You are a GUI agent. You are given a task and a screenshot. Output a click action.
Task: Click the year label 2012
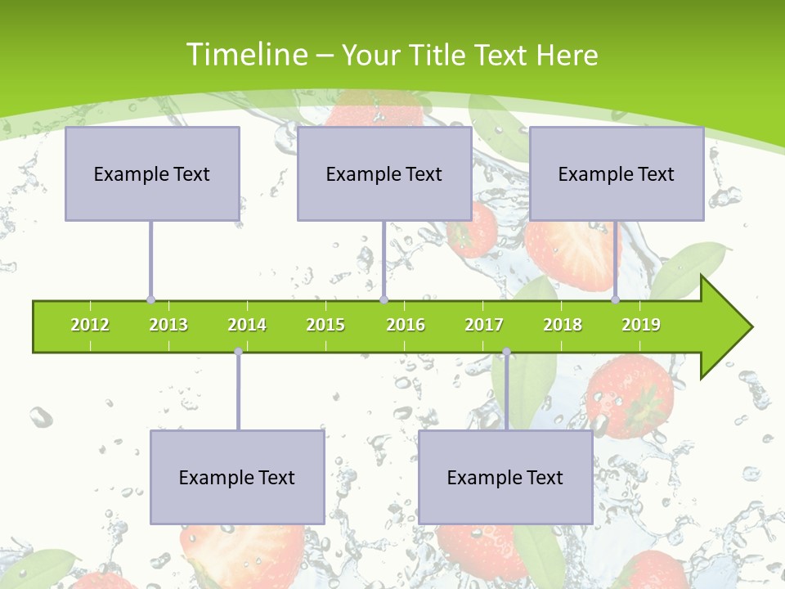[x=90, y=325]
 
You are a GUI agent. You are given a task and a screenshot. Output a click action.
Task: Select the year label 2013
[x=168, y=325]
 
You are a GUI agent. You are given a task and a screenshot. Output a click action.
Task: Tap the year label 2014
[x=247, y=325]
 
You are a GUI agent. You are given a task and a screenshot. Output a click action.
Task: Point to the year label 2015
[x=325, y=325]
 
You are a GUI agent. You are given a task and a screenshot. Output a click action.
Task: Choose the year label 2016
[x=406, y=325]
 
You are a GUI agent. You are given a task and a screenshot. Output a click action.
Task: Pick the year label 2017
[x=484, y=325]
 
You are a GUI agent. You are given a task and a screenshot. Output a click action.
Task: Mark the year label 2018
[x=563, y=325]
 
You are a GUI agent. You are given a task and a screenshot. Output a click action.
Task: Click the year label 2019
[x=641, y=325]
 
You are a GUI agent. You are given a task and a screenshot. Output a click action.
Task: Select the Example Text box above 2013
[x=152, y=173]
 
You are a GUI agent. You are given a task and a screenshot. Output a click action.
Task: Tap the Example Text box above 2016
[x=384, y=173]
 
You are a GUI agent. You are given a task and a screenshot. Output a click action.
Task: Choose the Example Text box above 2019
[x=617, y=173]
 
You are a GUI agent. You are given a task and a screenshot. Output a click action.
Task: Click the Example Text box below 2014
[x=237, y=477]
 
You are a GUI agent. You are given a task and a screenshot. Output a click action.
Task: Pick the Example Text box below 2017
[x=505, y=477]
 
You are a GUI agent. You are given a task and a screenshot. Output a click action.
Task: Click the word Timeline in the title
[x=246, y=55]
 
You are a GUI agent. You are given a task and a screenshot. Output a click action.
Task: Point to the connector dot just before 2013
[x=150, y=300]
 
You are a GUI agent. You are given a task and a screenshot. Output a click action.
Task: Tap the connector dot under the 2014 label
[x=238, y=352]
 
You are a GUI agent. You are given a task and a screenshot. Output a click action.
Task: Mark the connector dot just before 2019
[x=616, y=300]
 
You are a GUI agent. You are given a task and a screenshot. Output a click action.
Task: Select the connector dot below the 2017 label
[x=506, y=352]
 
